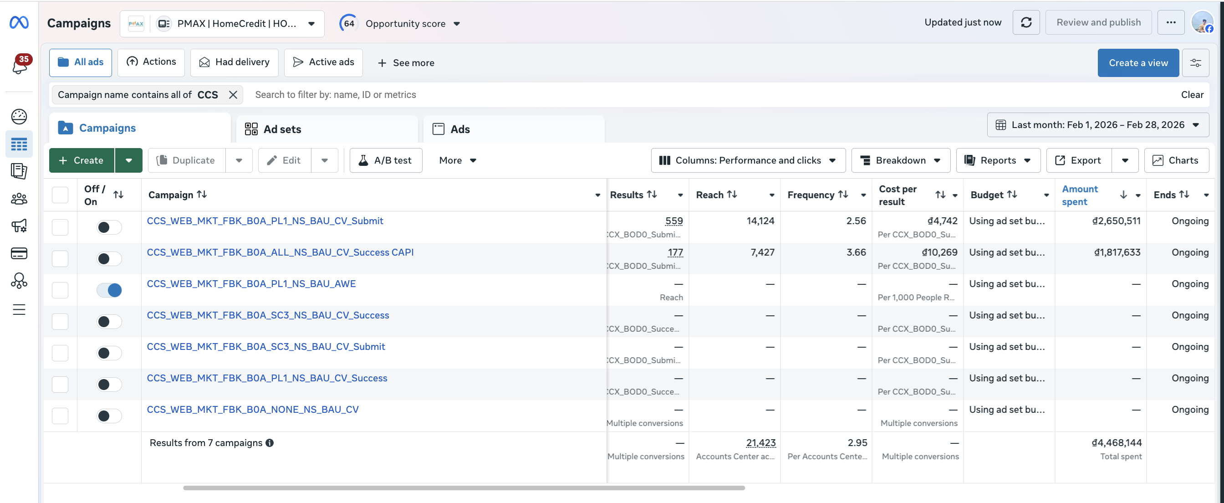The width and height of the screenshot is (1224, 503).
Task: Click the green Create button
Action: [x=82, y=160]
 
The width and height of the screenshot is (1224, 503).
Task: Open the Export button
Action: [x=1079, y=160]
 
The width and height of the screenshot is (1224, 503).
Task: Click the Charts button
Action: [x=1176, y=160]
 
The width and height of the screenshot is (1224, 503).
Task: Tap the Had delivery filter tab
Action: [x=234, y=62]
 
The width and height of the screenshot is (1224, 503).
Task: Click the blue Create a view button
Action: [x=1138, y=62]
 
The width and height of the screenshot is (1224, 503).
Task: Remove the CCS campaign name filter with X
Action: [x=233, y=95]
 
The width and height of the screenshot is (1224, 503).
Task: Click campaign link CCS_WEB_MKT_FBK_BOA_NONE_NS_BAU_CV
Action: [x=253, y=409]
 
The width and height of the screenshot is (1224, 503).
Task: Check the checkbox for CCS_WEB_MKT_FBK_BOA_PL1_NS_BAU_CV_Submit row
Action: [x=60, y=227]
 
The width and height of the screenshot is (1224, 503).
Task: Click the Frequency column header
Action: [x=811, y=195]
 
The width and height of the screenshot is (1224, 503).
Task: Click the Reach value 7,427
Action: [x=762, y=252]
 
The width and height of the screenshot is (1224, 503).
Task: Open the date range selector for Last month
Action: [x=1097, y=125]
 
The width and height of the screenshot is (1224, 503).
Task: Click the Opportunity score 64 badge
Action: [x=349, y=23]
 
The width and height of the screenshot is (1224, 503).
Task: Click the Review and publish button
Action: [x=1098, y=22]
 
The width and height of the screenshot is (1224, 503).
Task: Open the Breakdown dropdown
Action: [x=900, y=160]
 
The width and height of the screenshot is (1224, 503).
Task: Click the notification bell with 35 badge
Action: [x=20, y=65]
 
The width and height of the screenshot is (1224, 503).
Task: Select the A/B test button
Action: [x=385, y=160]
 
